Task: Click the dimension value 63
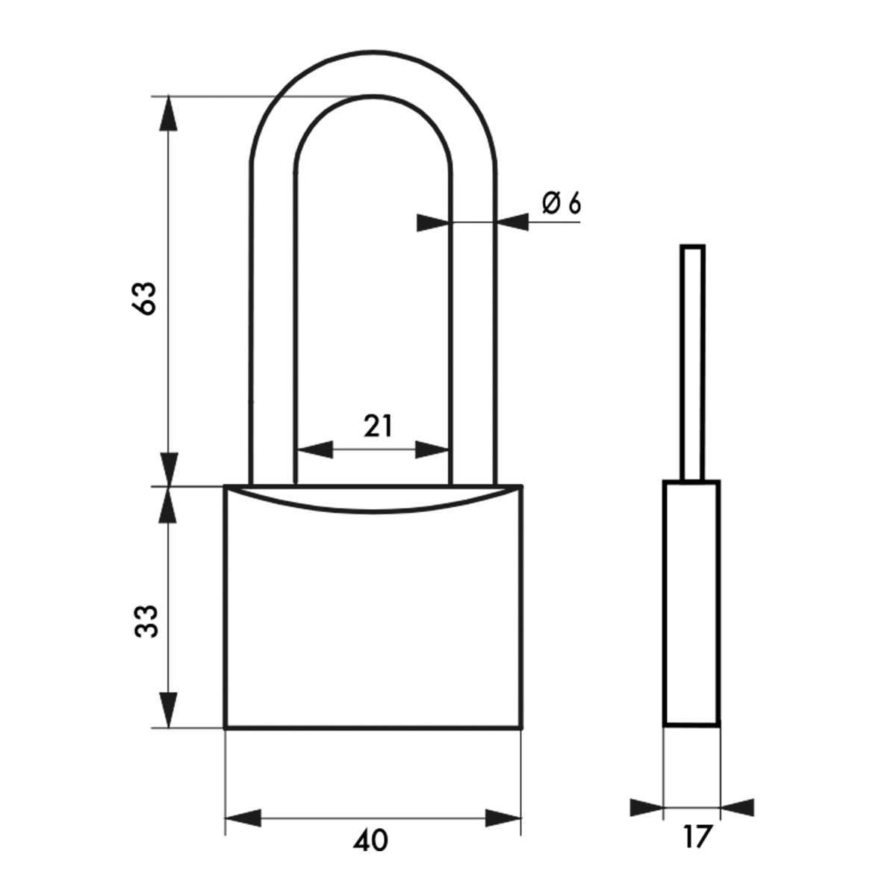point(143,299)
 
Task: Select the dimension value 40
point(370,841)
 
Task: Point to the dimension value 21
point(378,426)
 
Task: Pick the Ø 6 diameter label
point(561,204)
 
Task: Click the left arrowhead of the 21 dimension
point(315,449)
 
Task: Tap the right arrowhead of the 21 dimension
point(432,449)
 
